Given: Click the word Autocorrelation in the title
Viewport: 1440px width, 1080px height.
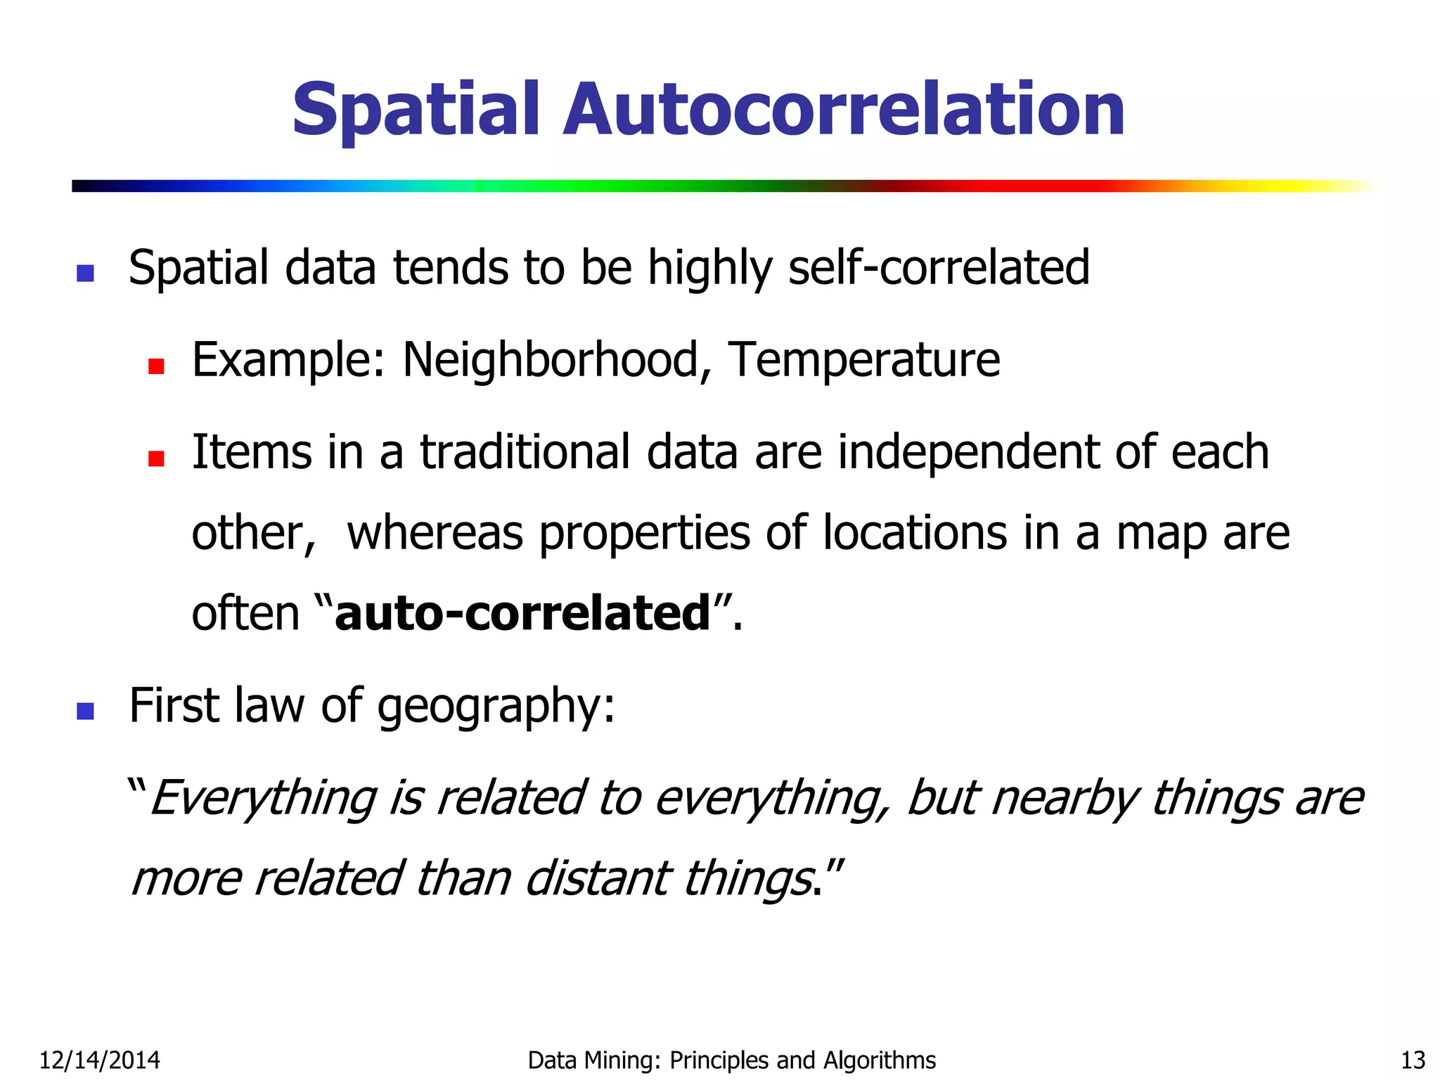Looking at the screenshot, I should (844, 110).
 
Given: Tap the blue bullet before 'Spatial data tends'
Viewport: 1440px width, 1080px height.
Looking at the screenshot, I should (85, 273).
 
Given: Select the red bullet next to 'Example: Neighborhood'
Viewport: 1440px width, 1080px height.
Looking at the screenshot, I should (156, 366).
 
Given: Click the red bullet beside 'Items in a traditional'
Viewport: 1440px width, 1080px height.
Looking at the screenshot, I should (156, 458).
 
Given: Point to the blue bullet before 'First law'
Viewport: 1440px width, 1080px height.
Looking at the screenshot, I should (85, 711).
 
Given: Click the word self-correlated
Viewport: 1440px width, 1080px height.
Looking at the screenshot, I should (939, 269).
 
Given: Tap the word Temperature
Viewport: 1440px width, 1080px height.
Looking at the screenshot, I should (863, 360).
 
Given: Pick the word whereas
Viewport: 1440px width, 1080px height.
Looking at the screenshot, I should (435, 533).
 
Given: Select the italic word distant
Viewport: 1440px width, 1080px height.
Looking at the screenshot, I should (598, 880).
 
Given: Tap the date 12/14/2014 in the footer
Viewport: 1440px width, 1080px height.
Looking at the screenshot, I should (99, 1060).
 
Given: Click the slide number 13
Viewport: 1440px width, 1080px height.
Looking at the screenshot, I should (1413, 1060).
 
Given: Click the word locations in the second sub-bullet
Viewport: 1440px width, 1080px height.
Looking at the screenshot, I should (915, 533).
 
